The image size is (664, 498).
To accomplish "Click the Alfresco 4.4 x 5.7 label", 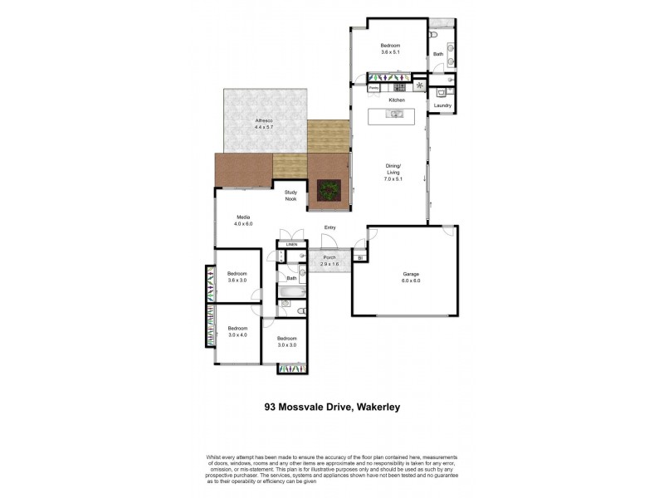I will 263,124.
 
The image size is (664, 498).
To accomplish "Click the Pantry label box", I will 373,86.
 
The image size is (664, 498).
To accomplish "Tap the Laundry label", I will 441,105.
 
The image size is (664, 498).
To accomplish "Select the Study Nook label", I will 290,195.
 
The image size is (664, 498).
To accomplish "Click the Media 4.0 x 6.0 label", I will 242,220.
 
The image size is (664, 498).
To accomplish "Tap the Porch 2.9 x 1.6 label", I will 330,260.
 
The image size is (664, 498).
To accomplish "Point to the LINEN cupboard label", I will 291,244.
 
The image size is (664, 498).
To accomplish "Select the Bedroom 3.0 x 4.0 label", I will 238,331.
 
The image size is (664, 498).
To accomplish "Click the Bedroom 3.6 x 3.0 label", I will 238,278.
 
